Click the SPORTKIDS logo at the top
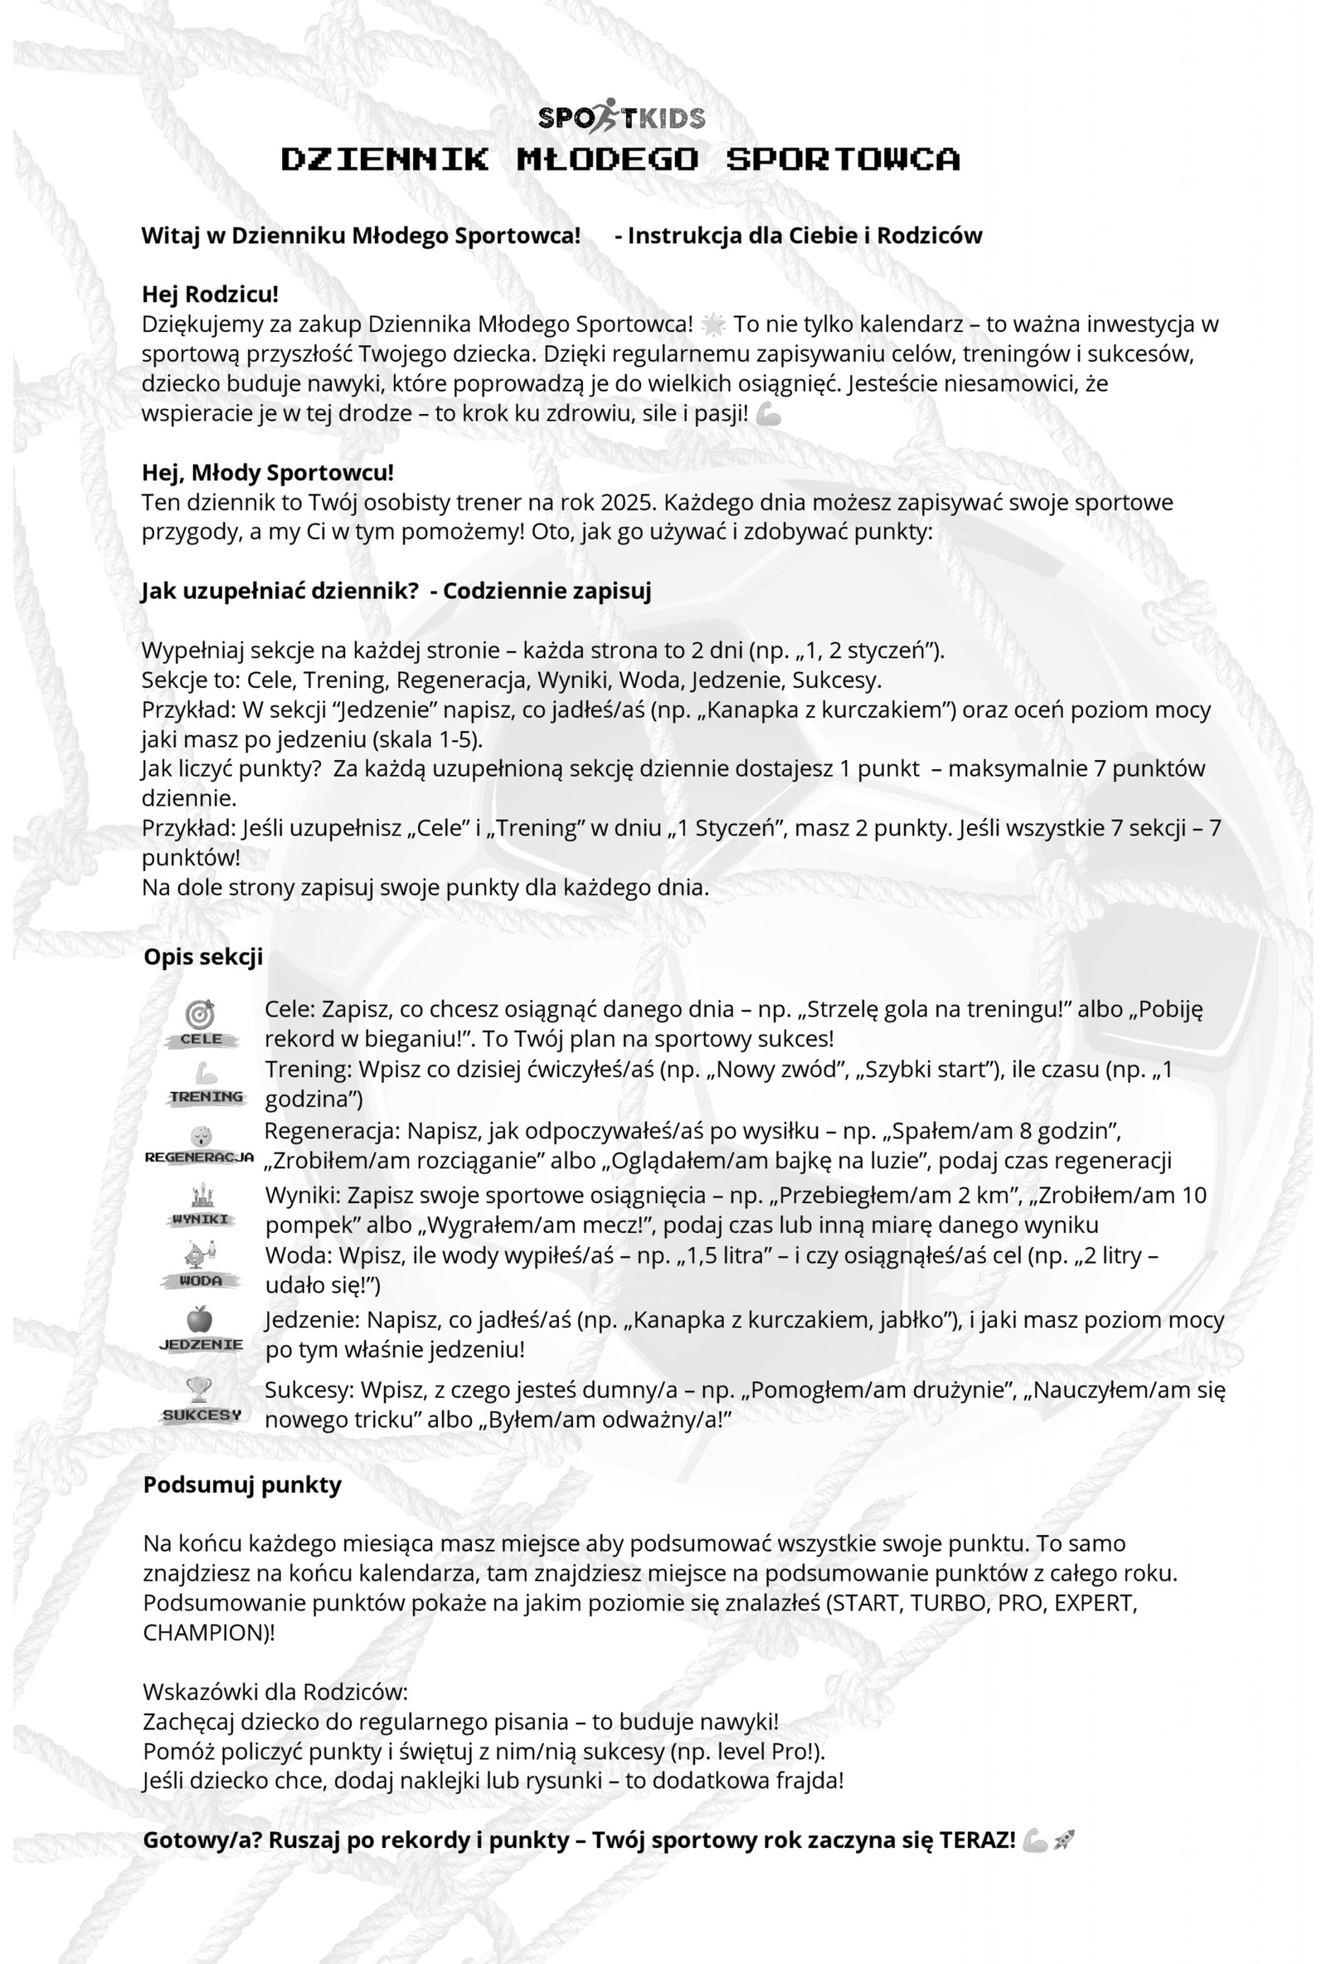pos(621,117)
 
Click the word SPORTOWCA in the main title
pos(842,158)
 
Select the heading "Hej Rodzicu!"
pos(210,294)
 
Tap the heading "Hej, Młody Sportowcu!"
pos(267,471)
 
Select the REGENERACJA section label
pos(199,1157)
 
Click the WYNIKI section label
pos(200,1219)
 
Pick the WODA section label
pos(200,1280)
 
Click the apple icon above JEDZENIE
pos(199,1319)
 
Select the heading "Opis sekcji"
pos(202,957)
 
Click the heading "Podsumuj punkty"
pos(241,1485)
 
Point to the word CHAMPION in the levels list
pos(202,1632)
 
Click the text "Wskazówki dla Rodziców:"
pos(275,1692)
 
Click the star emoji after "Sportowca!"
pos(713,324)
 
